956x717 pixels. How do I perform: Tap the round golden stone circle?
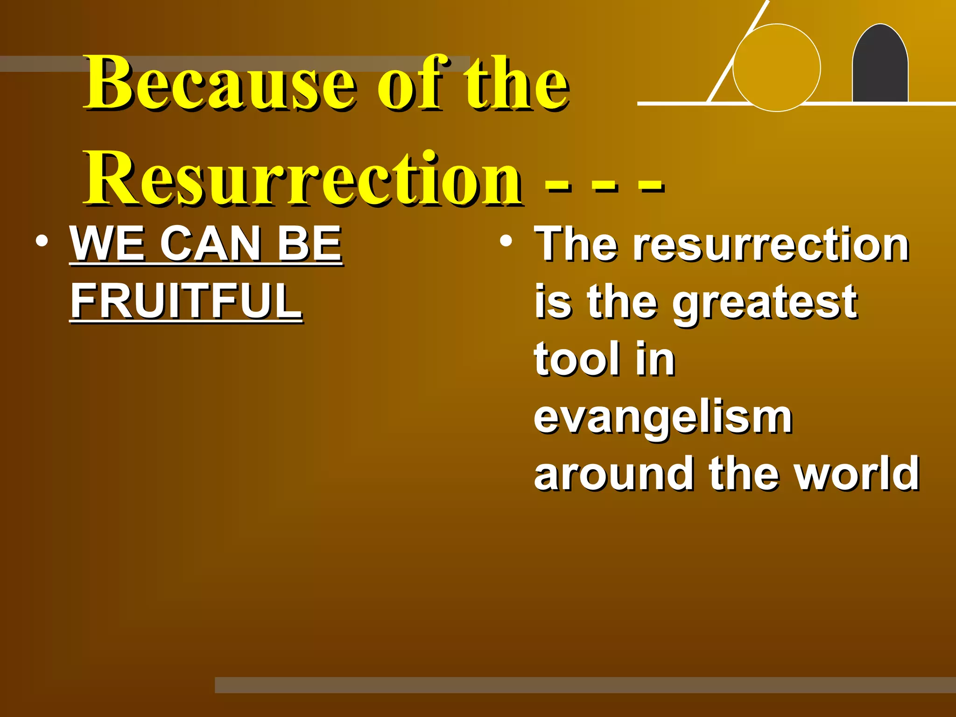[x=777, y=68]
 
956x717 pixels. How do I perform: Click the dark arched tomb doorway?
[x=880, y=65]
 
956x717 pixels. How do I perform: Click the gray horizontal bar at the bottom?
[x=583, y=685]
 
